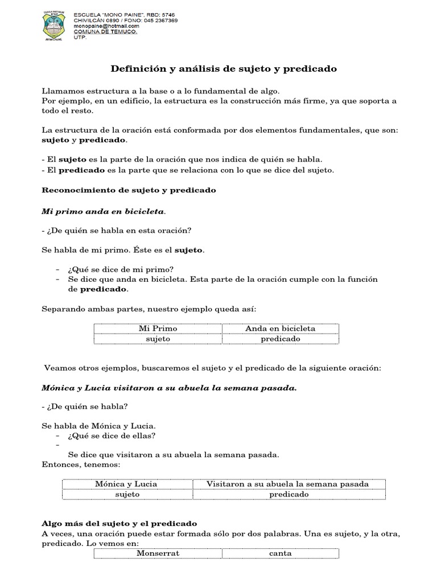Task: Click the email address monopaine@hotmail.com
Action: click(106, 26)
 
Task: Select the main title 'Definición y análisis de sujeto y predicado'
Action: click(223, 69)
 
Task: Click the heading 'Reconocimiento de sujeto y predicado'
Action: click(129, 190)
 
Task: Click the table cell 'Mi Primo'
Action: click(158, 329)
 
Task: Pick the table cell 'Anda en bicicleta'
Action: click(280, 329)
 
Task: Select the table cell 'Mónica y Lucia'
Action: click(126, 484)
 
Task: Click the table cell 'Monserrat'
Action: click(158, 553)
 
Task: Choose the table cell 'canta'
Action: click(280, 553)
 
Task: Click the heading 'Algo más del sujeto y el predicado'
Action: click(119, 523)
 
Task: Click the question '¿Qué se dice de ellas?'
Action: click(112, 436)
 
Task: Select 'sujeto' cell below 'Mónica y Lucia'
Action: click(126, 494)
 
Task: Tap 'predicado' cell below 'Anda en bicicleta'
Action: click(280, 339)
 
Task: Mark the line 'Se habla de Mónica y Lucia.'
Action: click(98, 426)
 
